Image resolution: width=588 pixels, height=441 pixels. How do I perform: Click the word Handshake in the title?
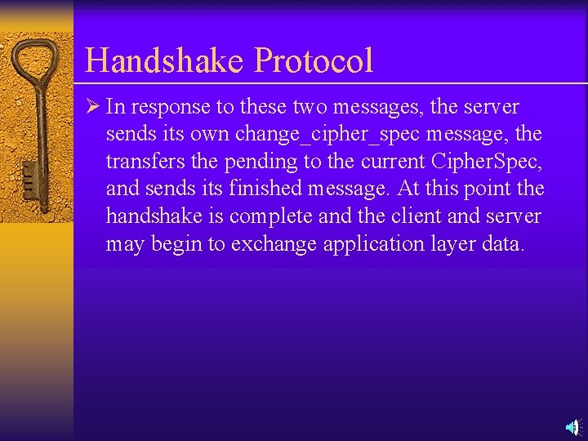[165, 61]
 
